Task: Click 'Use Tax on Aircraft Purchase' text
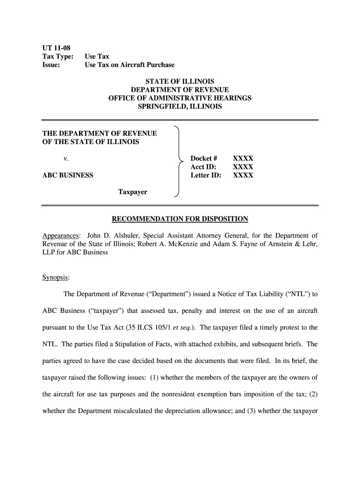[x=129, y=65]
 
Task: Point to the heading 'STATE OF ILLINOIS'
[x=180, y=81]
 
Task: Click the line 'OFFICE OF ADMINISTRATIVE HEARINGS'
[x=180, y=98]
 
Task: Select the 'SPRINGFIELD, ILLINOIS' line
[x=180, y=107]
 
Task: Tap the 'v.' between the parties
[x=67, y=159]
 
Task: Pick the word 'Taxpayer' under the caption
[x=132, y=192]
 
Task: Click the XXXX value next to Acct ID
[x=243, y=167]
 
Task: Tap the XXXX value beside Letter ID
[x=243, y=175]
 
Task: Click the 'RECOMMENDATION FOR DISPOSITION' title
[x=180, y=218]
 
